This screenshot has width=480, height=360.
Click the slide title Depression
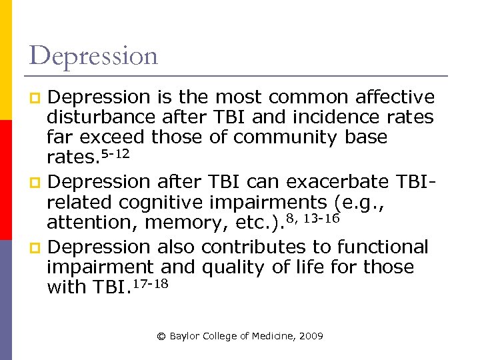(94, 56)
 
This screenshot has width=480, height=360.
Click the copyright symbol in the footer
(161, 337)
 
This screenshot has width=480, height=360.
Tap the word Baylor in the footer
(183, 337)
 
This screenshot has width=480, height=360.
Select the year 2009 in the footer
(311, 337)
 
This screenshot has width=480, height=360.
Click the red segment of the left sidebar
(5, 180)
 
